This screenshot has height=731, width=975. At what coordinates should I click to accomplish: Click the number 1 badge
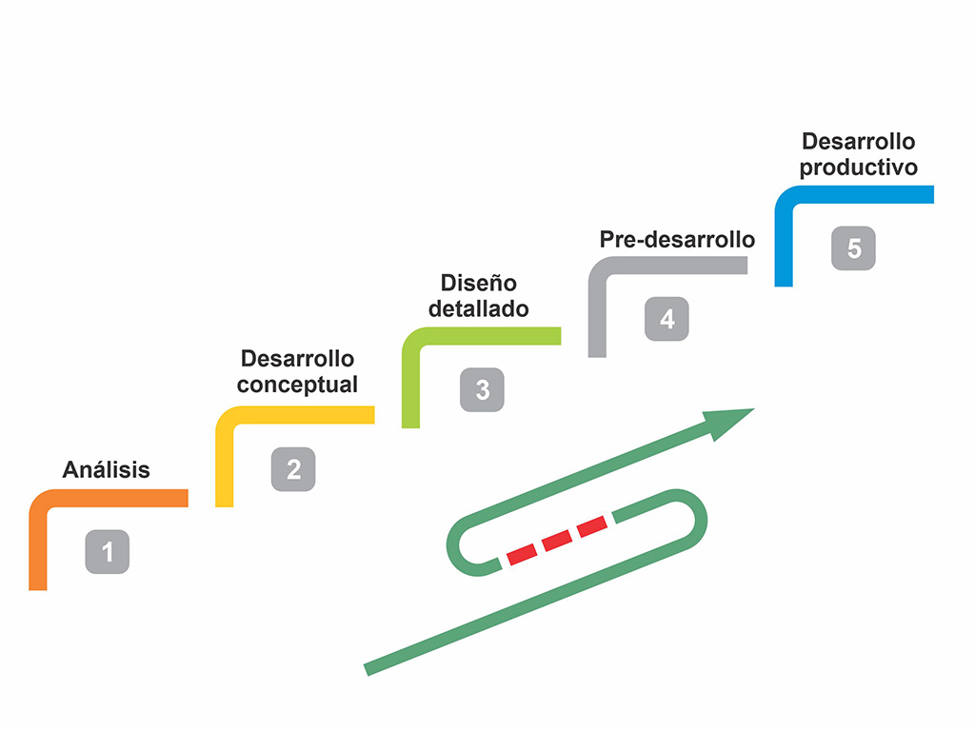tap(107, 552)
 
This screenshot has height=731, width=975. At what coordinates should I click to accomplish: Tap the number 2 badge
tap(293, 469)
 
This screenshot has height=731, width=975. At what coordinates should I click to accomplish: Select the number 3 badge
tap(482, 389)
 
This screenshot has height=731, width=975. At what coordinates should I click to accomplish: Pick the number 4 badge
tap(667, 319)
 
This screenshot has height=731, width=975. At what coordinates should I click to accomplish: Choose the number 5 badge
tap(853, 248)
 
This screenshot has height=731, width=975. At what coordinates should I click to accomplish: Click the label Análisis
tap(106, 469)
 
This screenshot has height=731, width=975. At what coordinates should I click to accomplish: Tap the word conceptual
tap(297, 385)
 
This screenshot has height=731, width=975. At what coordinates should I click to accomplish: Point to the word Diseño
tap(478, 284)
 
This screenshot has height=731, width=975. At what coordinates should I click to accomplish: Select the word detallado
tap(478, 309)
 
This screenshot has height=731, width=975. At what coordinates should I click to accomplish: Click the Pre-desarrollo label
tap(677, 239)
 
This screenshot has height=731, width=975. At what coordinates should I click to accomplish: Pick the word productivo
tap(858, 168)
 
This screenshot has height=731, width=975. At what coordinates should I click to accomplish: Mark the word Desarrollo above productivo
tap(858, 142)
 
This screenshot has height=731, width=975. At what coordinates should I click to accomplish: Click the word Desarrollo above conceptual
tap(297, 359)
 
